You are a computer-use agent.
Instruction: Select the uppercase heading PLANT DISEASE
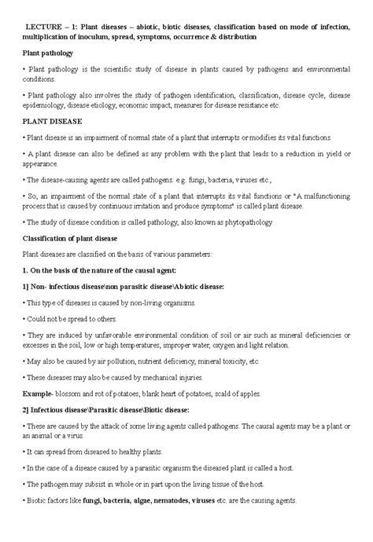tap(56, 123)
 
